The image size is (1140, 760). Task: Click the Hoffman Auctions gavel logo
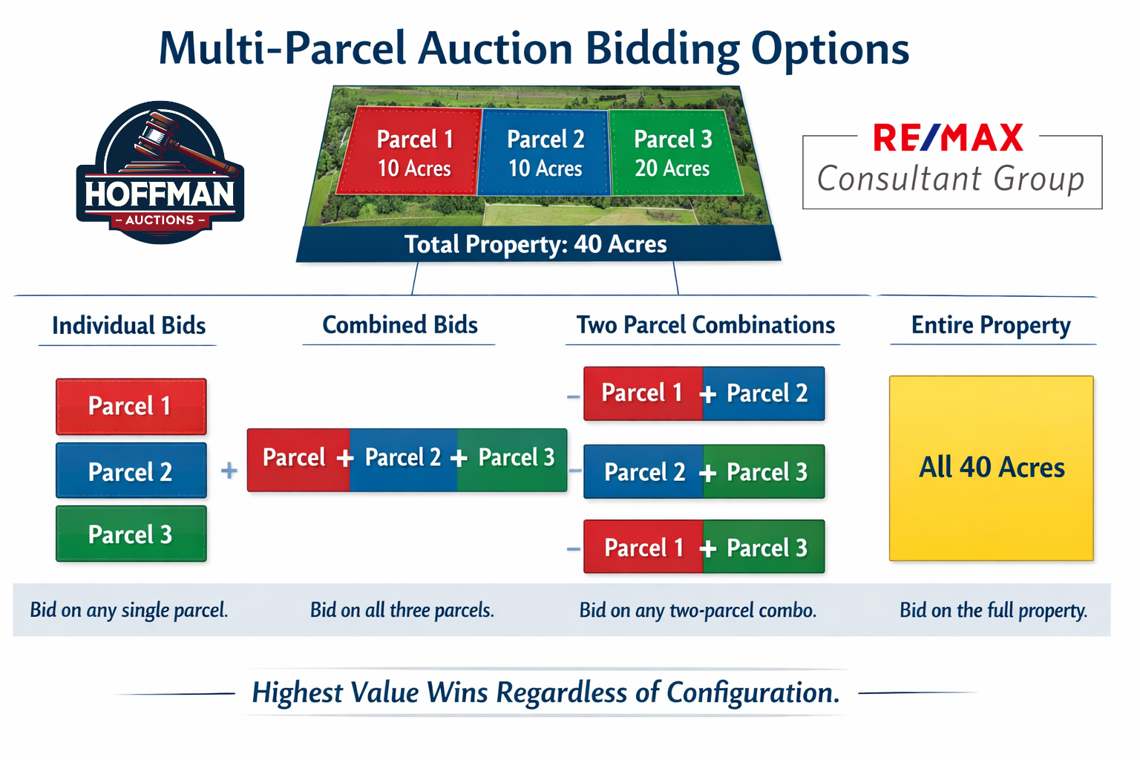[160, 172]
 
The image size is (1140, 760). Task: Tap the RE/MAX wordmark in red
[948, 137]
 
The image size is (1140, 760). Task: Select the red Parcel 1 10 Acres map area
[409, 151]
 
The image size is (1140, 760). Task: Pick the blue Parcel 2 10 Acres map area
[545, 153]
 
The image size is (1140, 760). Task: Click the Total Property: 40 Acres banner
[538, 244]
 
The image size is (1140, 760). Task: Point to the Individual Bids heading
[128, 325]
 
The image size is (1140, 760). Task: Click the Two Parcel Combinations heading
[705, 325]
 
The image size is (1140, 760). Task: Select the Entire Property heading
[991, 326]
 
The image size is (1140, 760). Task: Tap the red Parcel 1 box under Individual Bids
[131, 406]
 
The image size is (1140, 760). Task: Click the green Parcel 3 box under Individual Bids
[131, 534]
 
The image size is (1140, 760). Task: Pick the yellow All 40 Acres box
[992, 468]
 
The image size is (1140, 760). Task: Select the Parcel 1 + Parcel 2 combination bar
[704, 393]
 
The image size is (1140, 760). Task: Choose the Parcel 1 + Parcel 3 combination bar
[704, 547]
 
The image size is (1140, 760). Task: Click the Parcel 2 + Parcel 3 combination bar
[704, 471]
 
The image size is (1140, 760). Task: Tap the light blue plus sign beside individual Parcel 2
[229, 470]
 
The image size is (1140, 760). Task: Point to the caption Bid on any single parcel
[128, 610]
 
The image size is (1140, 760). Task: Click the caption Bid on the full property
[994, 610]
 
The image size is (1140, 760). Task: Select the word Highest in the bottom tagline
[298, 693]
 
